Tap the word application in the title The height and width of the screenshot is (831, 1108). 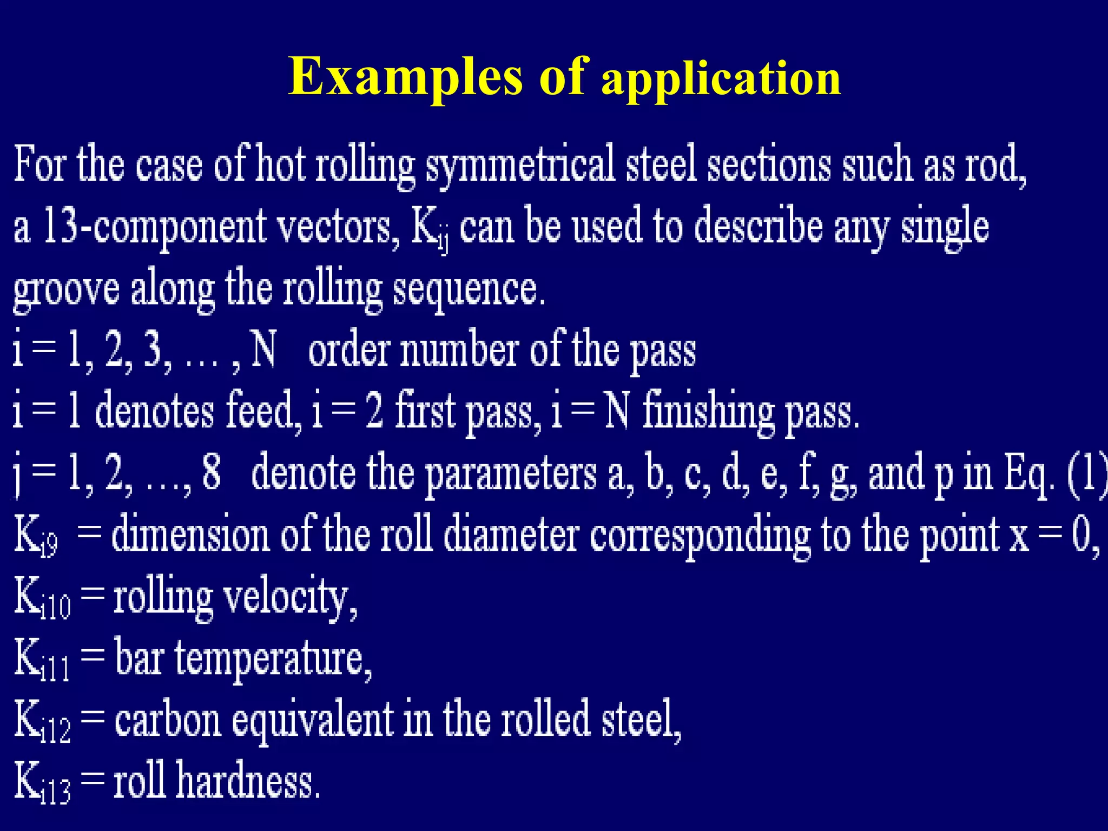click(721, 80)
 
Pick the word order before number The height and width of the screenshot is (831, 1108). click(348, 350)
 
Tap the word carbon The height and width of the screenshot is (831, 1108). click(168, 720)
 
